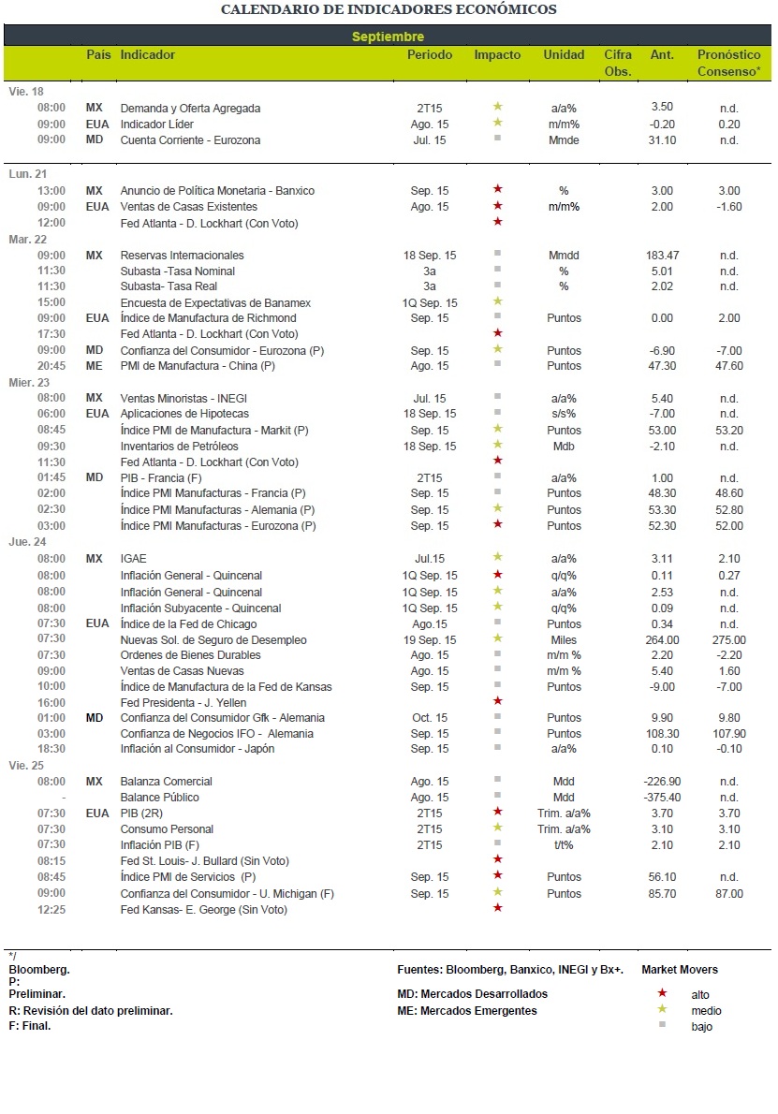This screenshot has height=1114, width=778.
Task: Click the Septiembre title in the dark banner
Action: click(x=388, y=37)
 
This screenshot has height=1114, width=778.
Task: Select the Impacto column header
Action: click(x=497, y=54)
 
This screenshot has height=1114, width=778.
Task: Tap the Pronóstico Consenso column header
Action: click(x=729, y=63)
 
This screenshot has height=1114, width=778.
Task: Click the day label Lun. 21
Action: click(x=28, y=174)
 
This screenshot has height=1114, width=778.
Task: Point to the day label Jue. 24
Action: click(x=28, y=542)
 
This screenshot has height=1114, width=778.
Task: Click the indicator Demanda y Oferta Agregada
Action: click(x=190, y=109)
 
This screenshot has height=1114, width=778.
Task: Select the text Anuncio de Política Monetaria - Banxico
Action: click(x=217, y=191)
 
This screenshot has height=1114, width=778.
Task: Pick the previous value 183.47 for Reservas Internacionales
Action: click(x=662, y=255)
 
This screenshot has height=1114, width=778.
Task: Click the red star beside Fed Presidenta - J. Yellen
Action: click(x=498, y=701)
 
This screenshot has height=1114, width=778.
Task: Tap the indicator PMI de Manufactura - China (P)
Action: click(x=198, y=366)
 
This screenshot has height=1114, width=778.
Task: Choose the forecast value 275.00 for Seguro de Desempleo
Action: click(x=729, y=640)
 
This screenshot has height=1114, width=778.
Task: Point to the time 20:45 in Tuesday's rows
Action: click(x=51, y=366)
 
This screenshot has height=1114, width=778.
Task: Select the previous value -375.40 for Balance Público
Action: click(x=662, y=798)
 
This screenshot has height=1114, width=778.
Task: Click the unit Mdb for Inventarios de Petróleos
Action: click(x=565, y=447)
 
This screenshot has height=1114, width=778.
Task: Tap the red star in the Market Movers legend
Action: click(x=662, y=993)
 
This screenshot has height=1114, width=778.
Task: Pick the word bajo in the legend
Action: click(x=702, y=1027)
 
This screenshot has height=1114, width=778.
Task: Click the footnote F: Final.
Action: click(x=30, y=1026)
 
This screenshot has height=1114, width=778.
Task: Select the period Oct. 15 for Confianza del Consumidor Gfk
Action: click(x=430, y=718)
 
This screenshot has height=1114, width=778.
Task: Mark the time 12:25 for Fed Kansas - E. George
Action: click(x=51, y=910)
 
